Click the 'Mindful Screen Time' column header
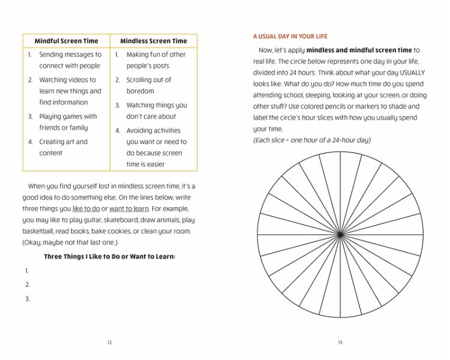pyautogui.click(x=67, y=41)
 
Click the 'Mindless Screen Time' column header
pyautogui.click(x=154, y=41)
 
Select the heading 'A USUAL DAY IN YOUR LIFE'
pyautogui.click(x=290, y=37)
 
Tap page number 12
pyautogui.click(x=109, y=343)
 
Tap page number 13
pyautogui.click(x=340, y=343)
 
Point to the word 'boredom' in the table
pyautogui.click(x=140, y=91)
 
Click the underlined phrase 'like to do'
pyautogui.click(x=86, y=209)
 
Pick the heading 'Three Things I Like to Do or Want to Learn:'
pyautogui.click(x=109, y=257)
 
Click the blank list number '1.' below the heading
pyautogui.click(x=28, y=271)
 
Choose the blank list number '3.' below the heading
pyautogui.click(x=28, y=299)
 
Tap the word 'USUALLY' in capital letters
pyautogui.click(x=412, y=73)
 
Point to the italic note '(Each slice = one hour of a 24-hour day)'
pyautogui.click(x=312, y=140)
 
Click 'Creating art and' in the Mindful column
pyautogui.click(x=63, y=142)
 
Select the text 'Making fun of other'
pyautogui.click(x=156, y=55)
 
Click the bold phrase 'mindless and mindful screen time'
pyautogui.click(x=359, y=50)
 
